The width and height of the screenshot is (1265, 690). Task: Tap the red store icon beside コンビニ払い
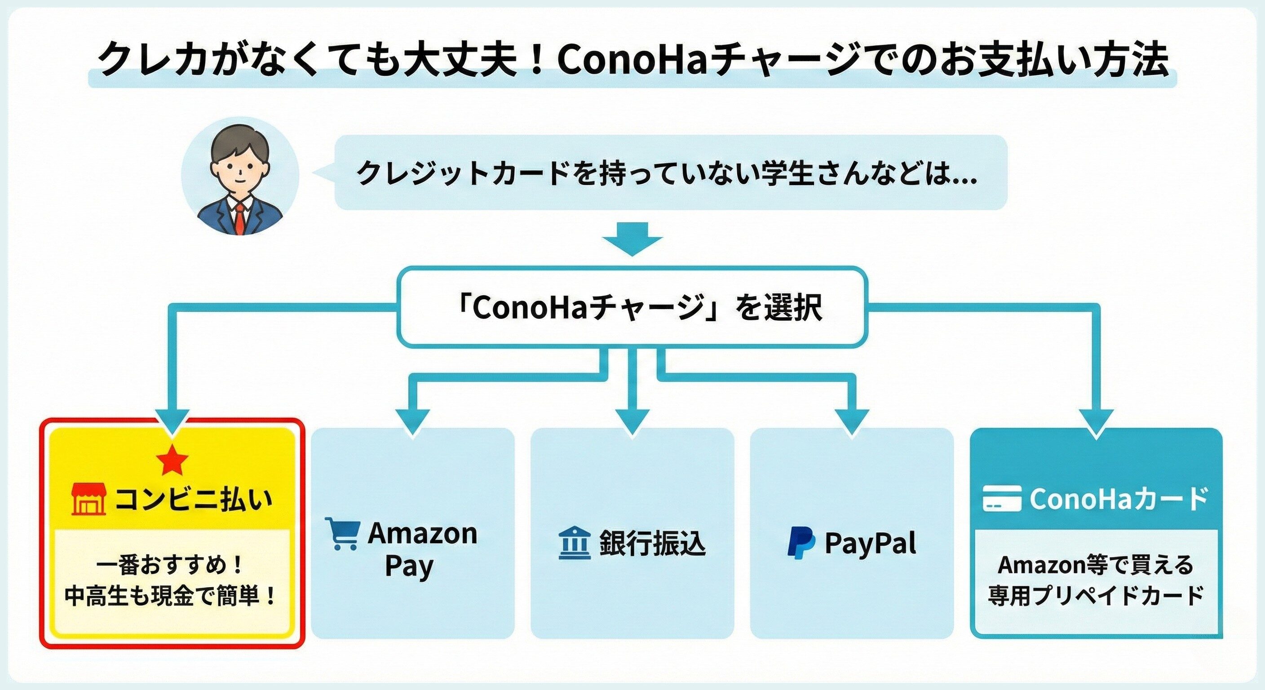point(89,499)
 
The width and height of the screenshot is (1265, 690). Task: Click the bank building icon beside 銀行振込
point(574,543)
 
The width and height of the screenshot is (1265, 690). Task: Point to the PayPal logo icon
point(801,543)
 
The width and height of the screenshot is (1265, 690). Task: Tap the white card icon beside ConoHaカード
point(1002,499)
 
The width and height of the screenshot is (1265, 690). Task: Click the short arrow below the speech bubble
point(632,239)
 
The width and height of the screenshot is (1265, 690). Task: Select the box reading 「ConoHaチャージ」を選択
point(632,307)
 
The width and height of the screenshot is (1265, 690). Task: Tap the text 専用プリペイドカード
point(1096,596)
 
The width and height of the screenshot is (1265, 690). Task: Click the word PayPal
point(870,544)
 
